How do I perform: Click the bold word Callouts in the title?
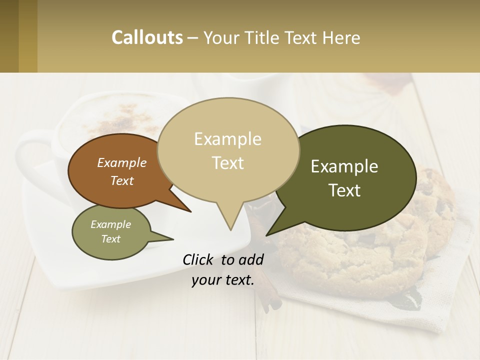point(147,37)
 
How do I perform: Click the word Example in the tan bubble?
point(227,139)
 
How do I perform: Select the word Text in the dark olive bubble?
point(344,190)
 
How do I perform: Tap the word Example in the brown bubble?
point(122,162)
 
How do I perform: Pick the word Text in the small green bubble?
point(110,239)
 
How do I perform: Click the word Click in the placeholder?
point(199,259)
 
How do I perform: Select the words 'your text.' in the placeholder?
point(223,280)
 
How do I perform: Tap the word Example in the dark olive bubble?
point(344,166)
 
